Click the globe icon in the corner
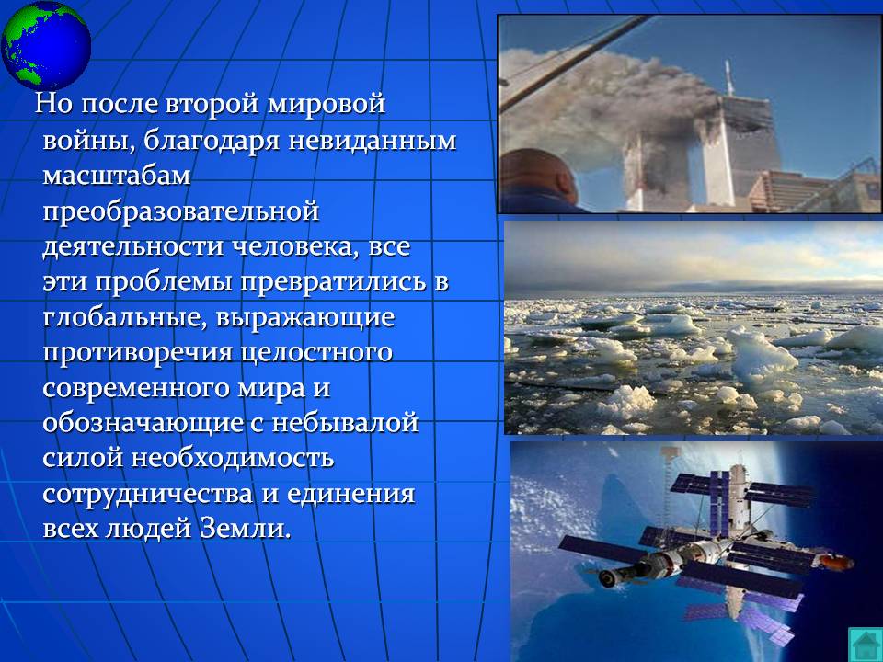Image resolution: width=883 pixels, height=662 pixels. click(46, 45)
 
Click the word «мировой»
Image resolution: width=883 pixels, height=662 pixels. click(326, 104)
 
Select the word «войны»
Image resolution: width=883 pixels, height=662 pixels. click(89, 141)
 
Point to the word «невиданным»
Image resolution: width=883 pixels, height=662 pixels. click(373, 141)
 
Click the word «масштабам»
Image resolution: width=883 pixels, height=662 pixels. click(117, 177)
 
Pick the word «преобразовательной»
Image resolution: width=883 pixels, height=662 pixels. click(181, 212)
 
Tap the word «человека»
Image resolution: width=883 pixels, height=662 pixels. click(296, 247)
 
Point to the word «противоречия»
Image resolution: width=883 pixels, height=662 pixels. click(137, 353)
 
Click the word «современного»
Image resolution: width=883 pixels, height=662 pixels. click(136, 389)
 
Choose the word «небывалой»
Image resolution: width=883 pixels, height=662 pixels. click(345, 423)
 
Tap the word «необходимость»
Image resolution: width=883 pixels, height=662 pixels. click(233, 458)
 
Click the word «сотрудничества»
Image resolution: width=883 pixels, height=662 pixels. click(147, 495)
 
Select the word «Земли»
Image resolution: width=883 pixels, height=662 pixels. click(246, 530)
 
